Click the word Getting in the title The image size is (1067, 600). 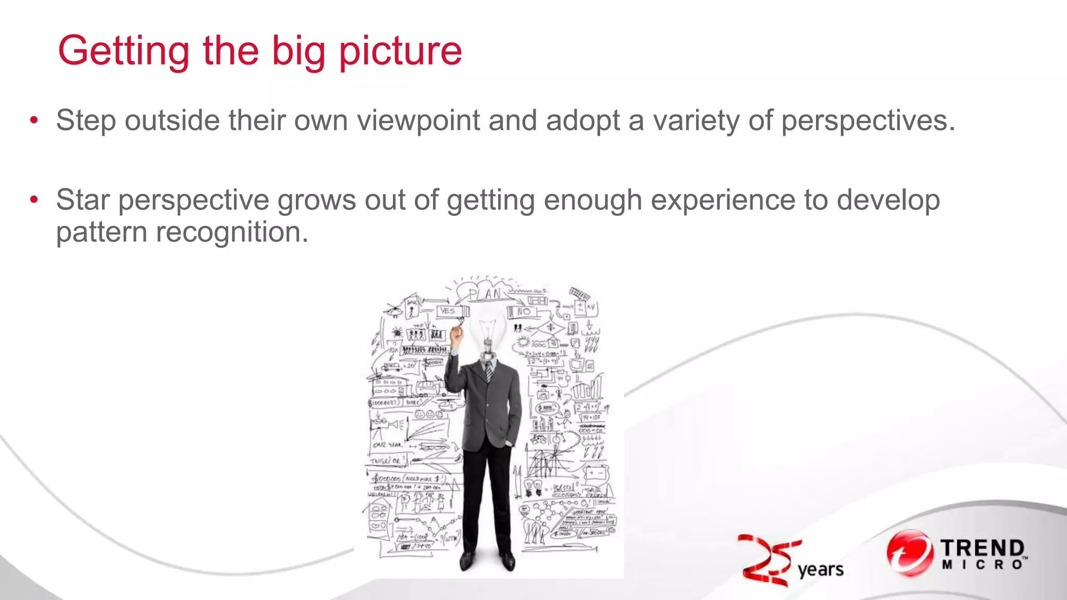(123, 52)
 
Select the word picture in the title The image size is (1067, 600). (400, 52)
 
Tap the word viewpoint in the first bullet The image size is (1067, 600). (418, 121)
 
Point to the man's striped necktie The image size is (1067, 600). (489, 371)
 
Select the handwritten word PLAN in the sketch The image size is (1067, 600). (485, 295)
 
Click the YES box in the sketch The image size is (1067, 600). (448, 311)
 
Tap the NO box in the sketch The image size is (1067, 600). (523, 311)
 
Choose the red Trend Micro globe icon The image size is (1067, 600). (909, 553)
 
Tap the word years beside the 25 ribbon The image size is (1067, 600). (821, 570)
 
